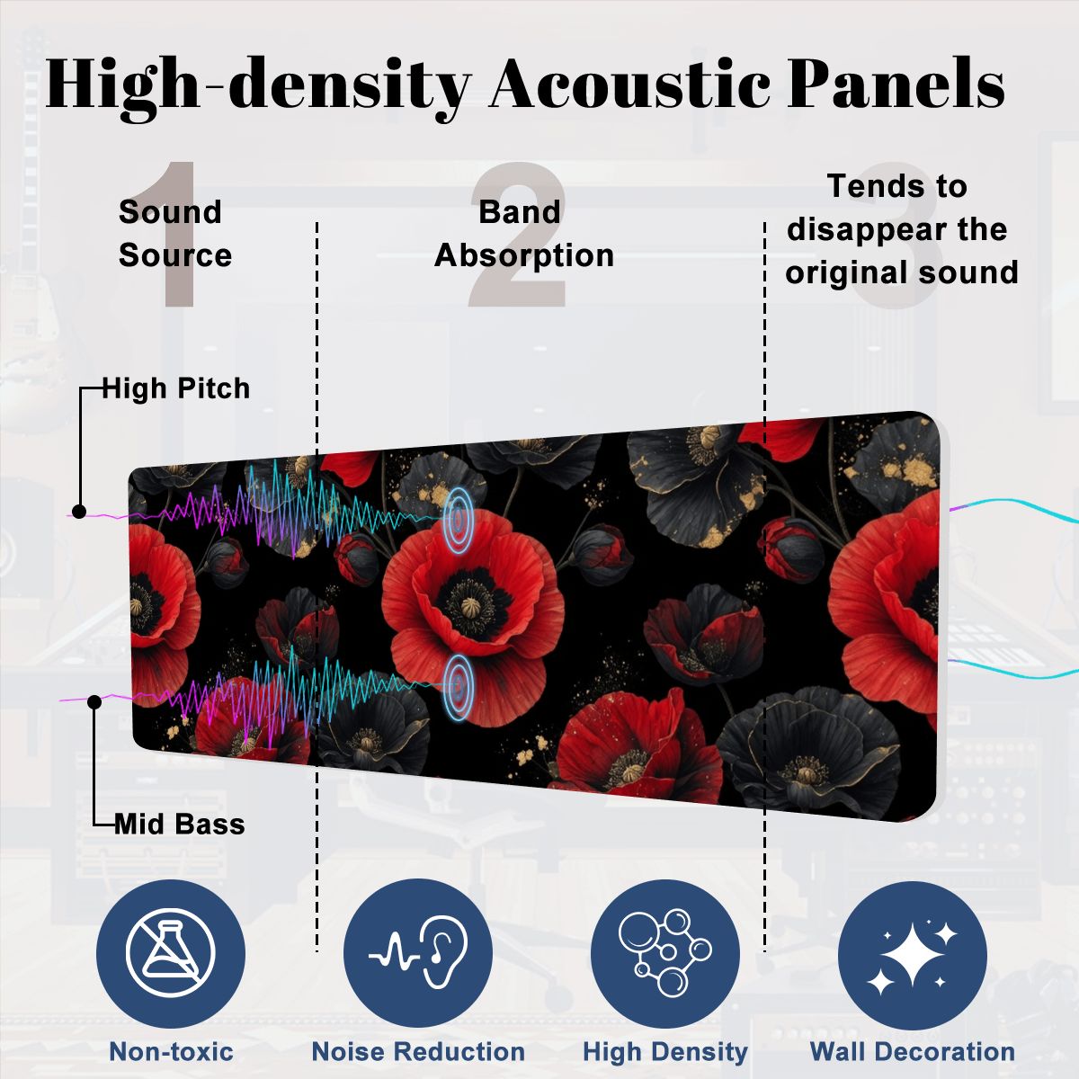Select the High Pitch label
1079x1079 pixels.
point(176,388)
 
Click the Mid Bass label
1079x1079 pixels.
point(180,825)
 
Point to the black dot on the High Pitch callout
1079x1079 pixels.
point(79,512)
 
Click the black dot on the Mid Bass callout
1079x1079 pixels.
point(94,701)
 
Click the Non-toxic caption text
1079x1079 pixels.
point(172,1051)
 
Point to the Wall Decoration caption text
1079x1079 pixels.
point(913,1051)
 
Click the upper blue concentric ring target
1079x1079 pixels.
point(459,521)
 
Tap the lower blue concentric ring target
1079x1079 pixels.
point(459,686)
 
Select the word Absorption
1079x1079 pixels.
point(524,257)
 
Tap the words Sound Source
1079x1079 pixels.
point(174,234)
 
